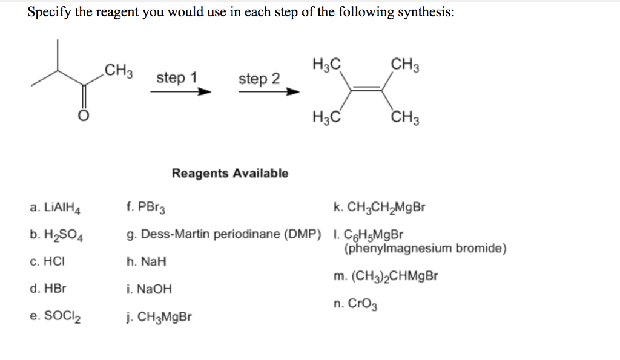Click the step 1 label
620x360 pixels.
[x=177, y=78]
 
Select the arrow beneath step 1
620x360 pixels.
[x=180, y=93]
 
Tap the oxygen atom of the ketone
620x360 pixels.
[x=85, y=116]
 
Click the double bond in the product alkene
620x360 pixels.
[x=366, y=90]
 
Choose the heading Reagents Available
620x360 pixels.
[x=230, y=174]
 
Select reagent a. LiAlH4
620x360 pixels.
[x=55, y=209]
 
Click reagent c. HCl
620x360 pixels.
[x=47, y=262]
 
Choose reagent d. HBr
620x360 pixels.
[x=48, y=289]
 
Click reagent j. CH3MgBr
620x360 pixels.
[x=159, y=316]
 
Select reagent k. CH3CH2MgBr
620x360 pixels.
[x=380, y=209]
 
